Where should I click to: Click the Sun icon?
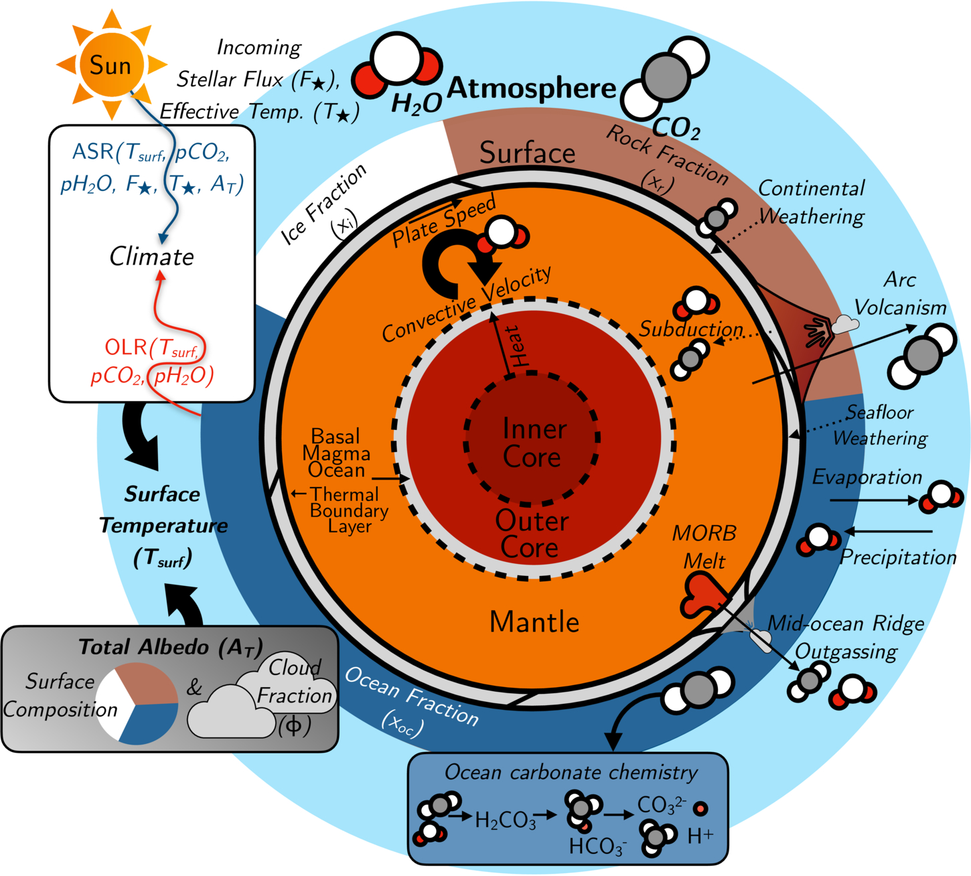(x=112, y=64)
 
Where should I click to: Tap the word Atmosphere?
(x=531, y=88)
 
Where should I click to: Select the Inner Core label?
(x=533, y=443)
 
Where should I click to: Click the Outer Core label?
(x=531, y=534)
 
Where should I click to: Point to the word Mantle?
(x=534, y=622)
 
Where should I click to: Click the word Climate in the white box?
(x=151, y=257)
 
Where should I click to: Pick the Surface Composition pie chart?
(x=137, y=704)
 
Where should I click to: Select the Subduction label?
(x=690, y=330)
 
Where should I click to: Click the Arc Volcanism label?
(x=900, y=293)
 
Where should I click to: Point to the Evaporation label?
(x=867, y=477)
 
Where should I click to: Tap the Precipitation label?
(x=898, y=557)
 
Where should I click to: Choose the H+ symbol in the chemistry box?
(x=700, y=835)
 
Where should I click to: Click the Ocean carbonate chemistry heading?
(x=571, y=772)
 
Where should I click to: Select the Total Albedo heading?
(x=170, y=648)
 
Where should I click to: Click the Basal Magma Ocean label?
(x=336, y=453)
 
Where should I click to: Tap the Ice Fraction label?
(x=324, y=204)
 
